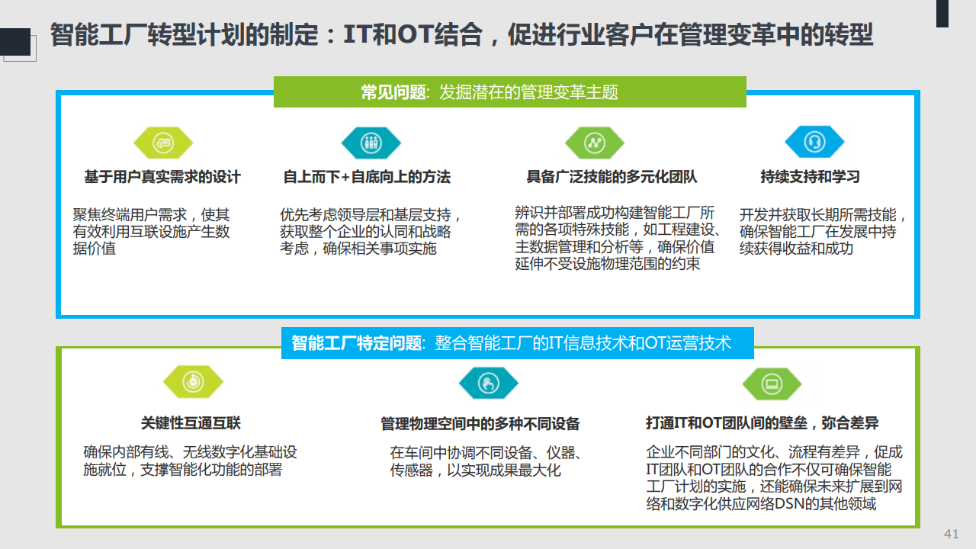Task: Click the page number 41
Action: click(x=951, y=534)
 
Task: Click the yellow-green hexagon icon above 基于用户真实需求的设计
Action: click(x=163, y=143)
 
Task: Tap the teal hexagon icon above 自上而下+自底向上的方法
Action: click(x=371, y=143)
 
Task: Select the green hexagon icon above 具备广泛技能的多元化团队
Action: click(x=594, y=143)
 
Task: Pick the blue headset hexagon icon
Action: click(x=814, y=142)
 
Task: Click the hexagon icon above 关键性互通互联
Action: click(x=193, y=382)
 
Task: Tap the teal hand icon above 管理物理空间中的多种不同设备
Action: click(x=489, y=384)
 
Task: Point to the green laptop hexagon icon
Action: click(x=772, y=384)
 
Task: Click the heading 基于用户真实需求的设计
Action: click(x=162, y=177)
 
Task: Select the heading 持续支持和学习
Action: click(x=810, y=176)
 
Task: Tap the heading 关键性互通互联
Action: click(x=191, y=422)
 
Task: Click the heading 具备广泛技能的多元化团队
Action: click(x=612, y=176)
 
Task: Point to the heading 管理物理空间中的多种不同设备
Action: click(x=480, y=423)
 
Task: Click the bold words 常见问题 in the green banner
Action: click(x=393, y=92)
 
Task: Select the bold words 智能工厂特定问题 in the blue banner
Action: click(x=356, y=343)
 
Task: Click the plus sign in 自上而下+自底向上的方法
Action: click(x=345, y=178)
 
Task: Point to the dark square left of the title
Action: click(x=15, y=42)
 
